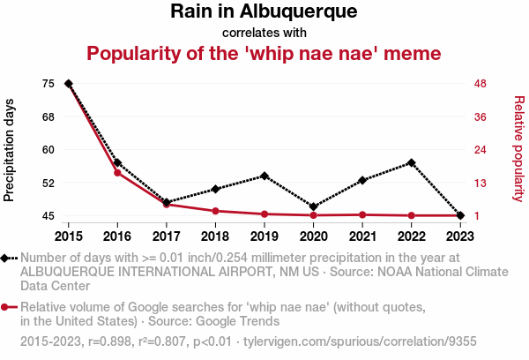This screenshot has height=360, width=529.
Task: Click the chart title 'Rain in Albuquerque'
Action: (264, 12)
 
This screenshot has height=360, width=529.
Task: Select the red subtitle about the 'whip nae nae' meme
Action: (264, 54)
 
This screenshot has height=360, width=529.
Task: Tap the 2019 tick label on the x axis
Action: (264, 236)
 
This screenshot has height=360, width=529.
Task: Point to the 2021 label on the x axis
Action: (362, 236)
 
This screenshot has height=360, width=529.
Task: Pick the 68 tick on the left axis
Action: (48, 116)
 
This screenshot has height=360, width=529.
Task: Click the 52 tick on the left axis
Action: (48, 183)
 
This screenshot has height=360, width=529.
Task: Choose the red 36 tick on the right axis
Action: (481, 116)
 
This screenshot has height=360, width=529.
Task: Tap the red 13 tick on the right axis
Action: (481, 183)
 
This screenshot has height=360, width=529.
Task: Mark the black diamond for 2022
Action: (411, 163)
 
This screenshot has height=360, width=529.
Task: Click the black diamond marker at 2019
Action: (264, 176)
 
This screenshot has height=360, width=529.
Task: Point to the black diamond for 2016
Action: (117, 163)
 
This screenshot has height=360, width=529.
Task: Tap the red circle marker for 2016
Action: (117, 173)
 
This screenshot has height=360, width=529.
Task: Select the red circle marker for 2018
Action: (215, 211)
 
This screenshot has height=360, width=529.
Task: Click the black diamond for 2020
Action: (313, 206)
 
